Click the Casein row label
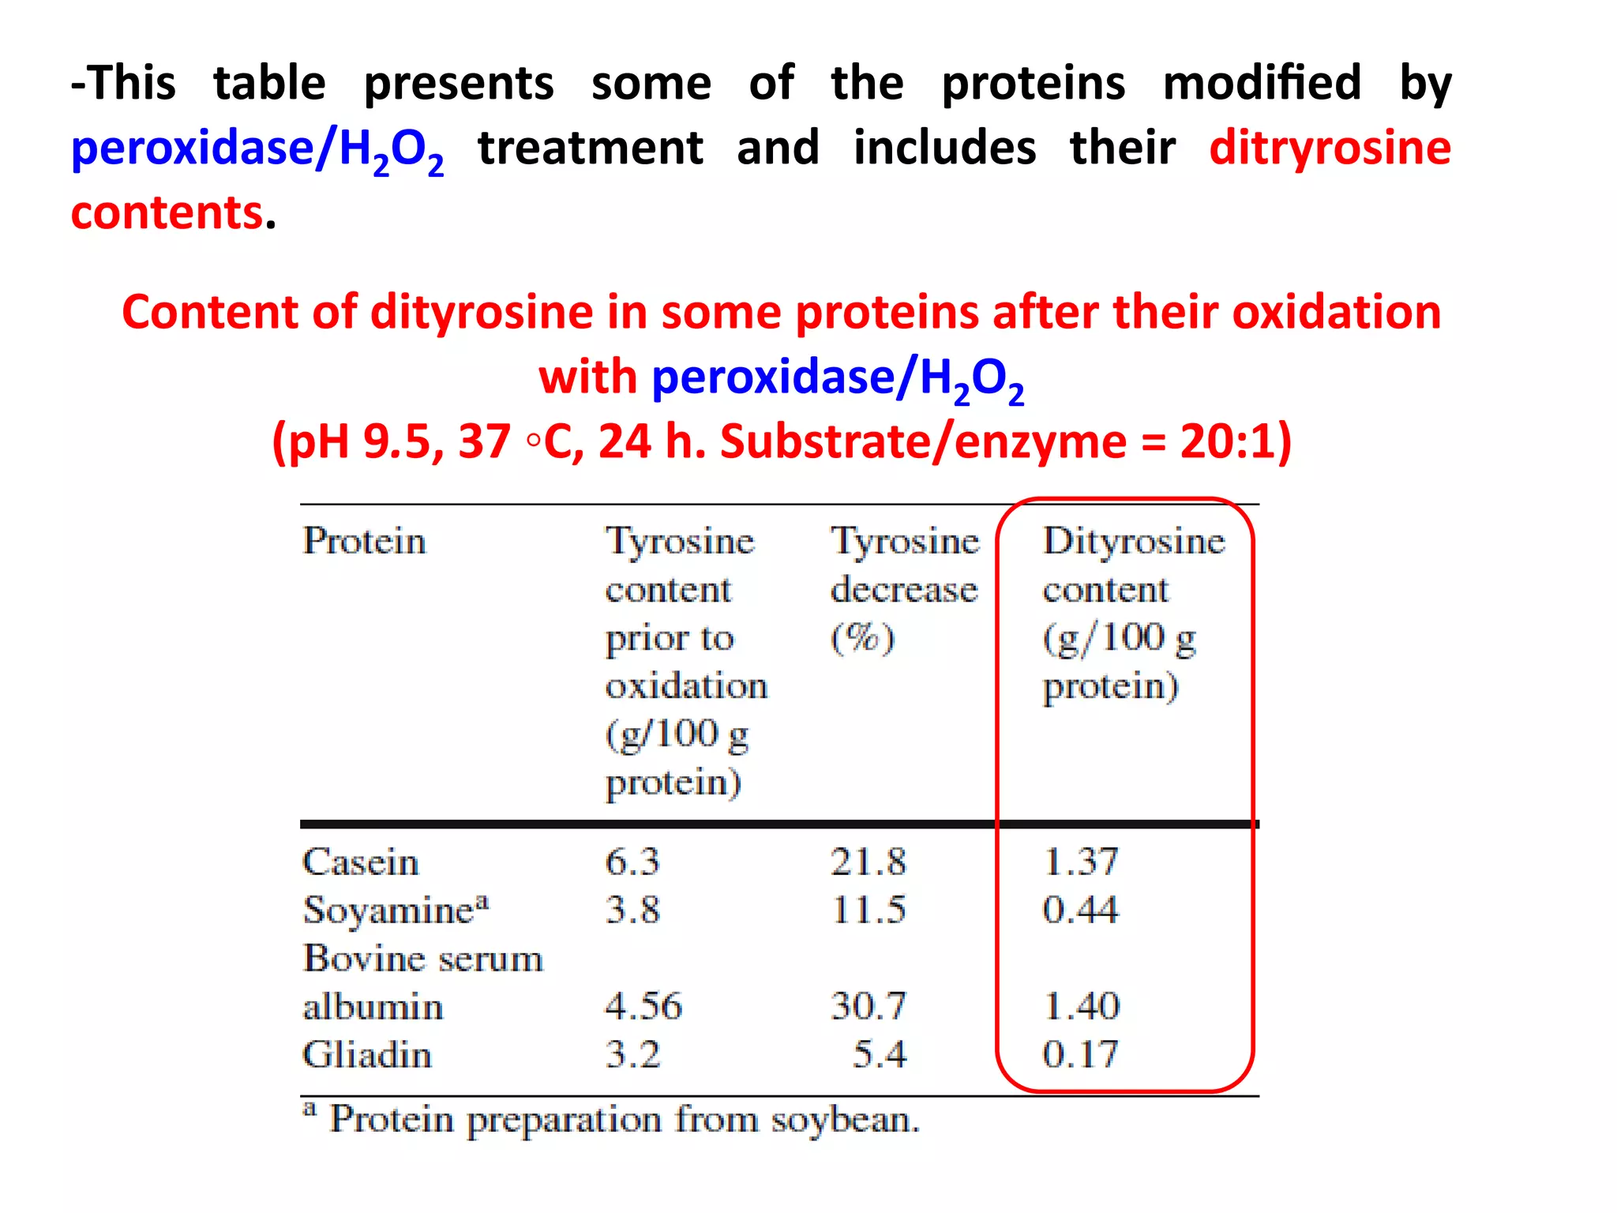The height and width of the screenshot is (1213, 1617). point(360,862)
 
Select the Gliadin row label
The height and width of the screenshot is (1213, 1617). point(367,1055)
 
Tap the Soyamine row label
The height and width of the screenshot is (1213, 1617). point(396,911)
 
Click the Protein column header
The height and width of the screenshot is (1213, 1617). point(364,542)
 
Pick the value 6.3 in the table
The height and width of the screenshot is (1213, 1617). point(632,862)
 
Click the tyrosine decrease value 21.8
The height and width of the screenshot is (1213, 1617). point(868,862)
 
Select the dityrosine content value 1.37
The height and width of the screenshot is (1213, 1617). point(1080,862)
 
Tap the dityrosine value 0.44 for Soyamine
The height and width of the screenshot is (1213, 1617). point(1080,910)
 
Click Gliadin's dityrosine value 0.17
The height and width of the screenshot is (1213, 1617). point(1080,1055)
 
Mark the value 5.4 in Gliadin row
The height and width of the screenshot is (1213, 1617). point(879,1055)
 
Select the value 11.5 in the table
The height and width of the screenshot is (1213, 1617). point(868,910)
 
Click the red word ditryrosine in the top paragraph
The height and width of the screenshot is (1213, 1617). point(1330,148)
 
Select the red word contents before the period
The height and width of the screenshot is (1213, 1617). point(167,213)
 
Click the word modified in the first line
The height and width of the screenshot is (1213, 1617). point(1262,83)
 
